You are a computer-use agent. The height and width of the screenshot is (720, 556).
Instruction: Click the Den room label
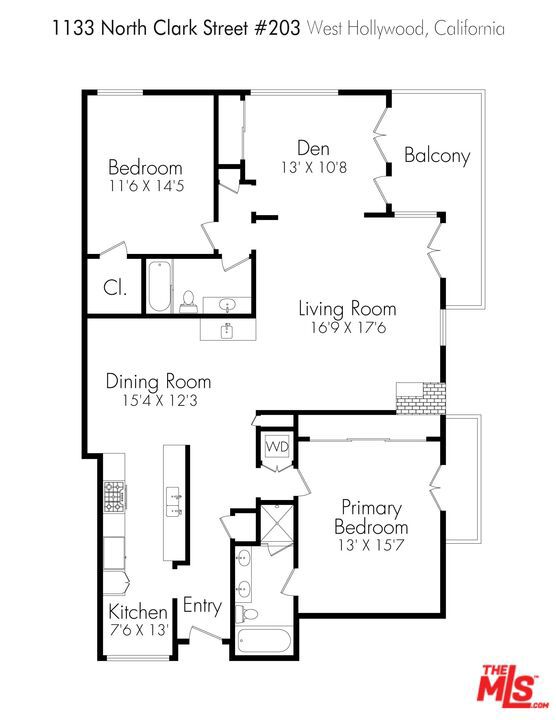(x=313, y=148)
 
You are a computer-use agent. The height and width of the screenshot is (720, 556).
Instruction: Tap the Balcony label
(x=437, y=155)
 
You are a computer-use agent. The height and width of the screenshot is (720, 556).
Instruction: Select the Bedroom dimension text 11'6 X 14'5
(x=146, y=186)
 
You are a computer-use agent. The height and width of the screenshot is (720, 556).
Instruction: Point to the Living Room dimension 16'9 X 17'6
(x=348, y=328)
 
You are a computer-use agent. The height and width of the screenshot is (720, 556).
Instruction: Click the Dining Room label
(x=158, y=381)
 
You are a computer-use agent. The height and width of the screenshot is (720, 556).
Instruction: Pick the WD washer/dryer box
(x=278, y=446)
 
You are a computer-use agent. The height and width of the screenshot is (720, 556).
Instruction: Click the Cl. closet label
(x=115, y=288)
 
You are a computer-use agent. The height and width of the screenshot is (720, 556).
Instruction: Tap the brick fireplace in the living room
(x=421, y=398)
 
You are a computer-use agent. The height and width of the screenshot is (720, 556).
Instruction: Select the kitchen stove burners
(x=114, y=496)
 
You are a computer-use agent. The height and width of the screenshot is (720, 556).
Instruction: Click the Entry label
(x=202, y=606)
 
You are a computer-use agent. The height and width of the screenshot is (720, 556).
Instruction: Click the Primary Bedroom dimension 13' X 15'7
(x=371, y=545)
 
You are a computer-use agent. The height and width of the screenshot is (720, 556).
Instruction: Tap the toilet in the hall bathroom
(x=188, y=301)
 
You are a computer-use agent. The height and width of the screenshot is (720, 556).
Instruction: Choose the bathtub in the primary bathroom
(x=264, y=640)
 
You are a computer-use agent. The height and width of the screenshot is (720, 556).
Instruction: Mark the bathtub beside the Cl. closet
(x=160, y=287)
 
